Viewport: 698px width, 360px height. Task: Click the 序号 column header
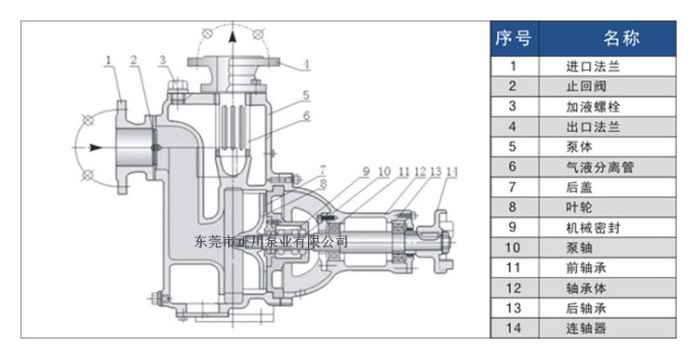click(x=514, y=38)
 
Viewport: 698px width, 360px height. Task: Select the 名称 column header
click(x=622, y=38)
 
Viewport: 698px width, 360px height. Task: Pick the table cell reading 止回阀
click(x=586, y=87)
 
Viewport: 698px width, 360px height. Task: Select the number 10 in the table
click(x=513, y=247)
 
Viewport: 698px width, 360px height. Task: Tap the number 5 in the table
click(x=513, y=147)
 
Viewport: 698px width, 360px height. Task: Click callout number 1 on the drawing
click(x=108, y=60)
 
